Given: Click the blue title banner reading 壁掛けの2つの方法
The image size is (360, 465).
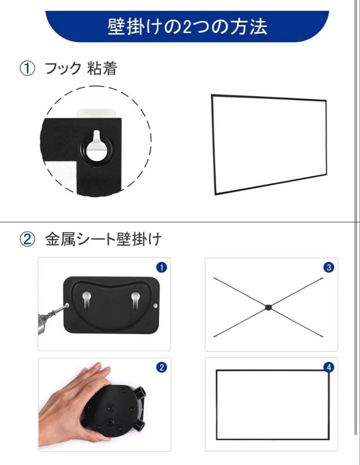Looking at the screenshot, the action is [x=187, y=26].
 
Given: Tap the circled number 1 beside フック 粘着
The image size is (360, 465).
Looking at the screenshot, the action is [x=27, y=68].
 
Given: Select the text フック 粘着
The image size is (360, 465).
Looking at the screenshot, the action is [x=81, y=68].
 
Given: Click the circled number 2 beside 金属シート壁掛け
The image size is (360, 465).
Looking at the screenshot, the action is [x=27, y=239].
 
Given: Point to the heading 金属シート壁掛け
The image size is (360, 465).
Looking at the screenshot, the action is [x=103, y=239].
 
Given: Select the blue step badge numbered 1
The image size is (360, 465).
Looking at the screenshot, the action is [x=161, y=267].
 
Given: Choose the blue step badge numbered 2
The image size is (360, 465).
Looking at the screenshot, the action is [x=161, y=367].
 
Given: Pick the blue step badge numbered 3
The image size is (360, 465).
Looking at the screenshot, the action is [x=329, y=267].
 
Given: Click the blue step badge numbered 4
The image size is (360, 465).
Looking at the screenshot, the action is [x=329, y=367].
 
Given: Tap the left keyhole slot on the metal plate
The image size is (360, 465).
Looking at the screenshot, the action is [x=86, y=300].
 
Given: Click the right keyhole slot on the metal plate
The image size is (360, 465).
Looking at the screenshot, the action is [x=136, y=300].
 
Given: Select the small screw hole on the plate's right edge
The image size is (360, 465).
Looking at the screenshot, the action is [x=155, y=305].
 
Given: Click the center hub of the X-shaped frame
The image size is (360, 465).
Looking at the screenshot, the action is [x=268, y=307].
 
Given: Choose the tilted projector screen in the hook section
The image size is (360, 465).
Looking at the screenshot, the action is [x=270, y=144].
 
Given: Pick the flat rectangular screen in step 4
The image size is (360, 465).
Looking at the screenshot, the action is [x=273, y=404].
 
